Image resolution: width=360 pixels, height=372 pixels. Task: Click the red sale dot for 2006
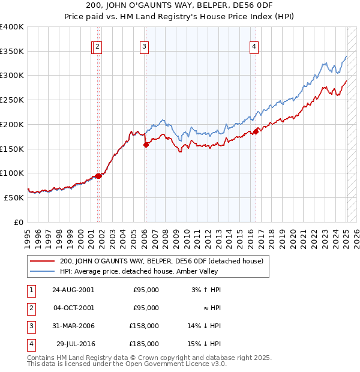(146, 145)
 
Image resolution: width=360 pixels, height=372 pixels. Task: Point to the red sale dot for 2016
(256, 131)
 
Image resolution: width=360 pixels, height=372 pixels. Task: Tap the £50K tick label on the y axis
(14, 197)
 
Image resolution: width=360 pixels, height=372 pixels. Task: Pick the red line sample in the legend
(43, 261)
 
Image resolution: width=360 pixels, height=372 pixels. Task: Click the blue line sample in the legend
(43, 271)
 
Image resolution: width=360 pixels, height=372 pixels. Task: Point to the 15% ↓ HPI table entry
(205, 344)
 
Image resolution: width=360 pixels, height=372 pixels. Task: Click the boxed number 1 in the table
(30, 290)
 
